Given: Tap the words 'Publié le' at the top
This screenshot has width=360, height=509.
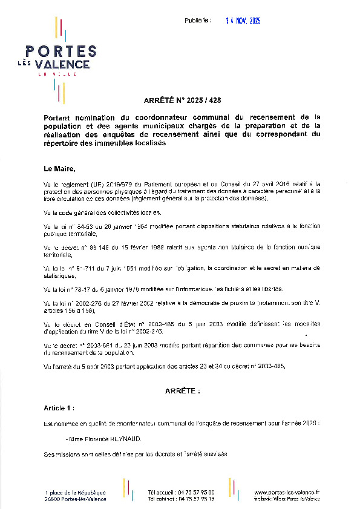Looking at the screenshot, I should point(198,21).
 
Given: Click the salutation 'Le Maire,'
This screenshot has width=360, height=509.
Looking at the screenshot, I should point(59,168).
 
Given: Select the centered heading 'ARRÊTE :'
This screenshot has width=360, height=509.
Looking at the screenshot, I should point(182,392).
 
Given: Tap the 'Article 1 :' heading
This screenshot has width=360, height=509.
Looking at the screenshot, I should point(59,409).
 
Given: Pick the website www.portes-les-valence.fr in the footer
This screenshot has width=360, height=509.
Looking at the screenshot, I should point(286,492).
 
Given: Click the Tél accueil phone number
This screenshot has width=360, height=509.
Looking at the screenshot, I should point(181,492).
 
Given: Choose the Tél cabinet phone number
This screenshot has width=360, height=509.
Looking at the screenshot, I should point(181,499).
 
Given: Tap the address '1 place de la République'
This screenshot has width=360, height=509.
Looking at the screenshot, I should point(76,492).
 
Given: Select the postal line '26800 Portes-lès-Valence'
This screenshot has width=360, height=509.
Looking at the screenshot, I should point(76,499).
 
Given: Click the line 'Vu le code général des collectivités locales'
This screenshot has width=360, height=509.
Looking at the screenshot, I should point(102,212).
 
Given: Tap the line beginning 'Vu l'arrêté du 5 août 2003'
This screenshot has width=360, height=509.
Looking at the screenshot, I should point(163,367).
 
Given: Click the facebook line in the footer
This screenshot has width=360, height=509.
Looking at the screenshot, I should point(287,499).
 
